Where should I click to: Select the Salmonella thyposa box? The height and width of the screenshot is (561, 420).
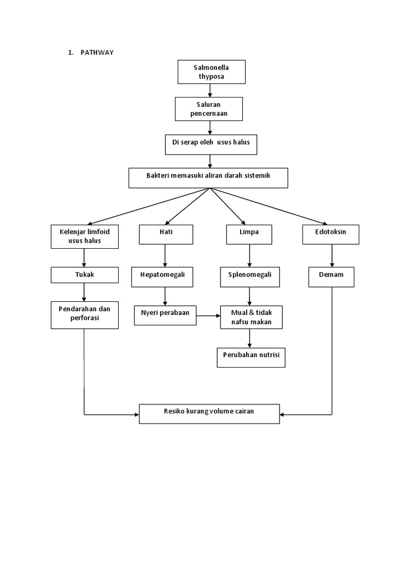pos(211,72)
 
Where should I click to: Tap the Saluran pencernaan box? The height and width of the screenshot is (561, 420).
pos(208,108)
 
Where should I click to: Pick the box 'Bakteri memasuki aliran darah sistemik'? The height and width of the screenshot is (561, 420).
pos(208,178)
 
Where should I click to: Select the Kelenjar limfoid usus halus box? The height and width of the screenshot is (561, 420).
pos(84,236)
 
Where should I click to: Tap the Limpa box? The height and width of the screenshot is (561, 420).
pos(249,234)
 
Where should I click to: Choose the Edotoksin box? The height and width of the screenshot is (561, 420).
pos(331,234)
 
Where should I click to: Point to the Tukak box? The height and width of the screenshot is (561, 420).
pos(84,274)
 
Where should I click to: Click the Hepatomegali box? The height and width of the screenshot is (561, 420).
pos(162,277)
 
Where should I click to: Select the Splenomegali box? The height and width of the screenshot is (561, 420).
pos(250,277)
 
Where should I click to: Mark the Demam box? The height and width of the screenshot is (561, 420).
pos(331,277)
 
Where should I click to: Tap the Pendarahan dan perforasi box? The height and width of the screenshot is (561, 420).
pos(84,314)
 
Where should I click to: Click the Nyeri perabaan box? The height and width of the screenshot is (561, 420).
pos(165,315)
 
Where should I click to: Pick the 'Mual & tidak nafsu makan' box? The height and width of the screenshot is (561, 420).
pos(252,317)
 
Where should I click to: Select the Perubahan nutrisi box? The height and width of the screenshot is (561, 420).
pos(251,357)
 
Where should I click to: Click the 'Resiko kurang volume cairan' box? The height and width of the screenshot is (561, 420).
pos(209,414)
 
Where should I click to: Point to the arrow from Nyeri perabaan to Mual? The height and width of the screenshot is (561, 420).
pos(208,316)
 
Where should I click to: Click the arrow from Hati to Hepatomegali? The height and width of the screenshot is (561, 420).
pos(165,255)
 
